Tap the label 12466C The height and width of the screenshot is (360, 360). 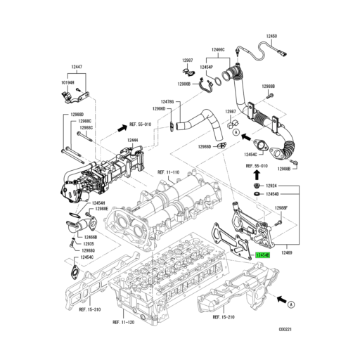[218, 50]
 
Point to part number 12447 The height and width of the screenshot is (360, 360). [76, 65]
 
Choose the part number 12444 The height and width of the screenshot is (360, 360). [132, 141]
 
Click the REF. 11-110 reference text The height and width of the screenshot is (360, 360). [169, 172]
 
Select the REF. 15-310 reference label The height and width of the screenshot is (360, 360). [91, 309]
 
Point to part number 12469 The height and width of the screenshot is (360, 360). [287, 251]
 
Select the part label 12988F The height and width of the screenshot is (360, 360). [281, 208]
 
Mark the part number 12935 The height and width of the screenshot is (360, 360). [89, 243]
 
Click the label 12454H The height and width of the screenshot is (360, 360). [98, 202]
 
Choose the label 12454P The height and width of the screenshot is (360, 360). [206, 67]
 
